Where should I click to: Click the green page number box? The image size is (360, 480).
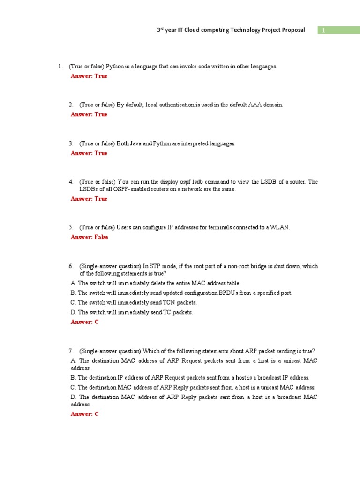pyautogui.click(x=338, y=30)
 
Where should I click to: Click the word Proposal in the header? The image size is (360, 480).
pyautogui.click(x=292, y=30)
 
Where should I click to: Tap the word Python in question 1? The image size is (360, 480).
pyautogui.click(x=115, y=67)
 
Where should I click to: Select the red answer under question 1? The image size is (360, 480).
pyautogui.click(x=89, y=76)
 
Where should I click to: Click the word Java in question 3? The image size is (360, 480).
pyautogui.click(x=135, y=143)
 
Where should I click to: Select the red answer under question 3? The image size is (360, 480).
pyautogui.click(x=89, y=153)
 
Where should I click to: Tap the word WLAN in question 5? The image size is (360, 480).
pyautogui.click(x=280, y=227)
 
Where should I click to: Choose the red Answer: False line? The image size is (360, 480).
pyautogui.click(x=90, y=237)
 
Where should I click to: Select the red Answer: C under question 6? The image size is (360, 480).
pyautogui.click(x=85, y=322)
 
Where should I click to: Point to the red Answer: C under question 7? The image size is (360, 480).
pyautogui.click(x=85, y=414)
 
